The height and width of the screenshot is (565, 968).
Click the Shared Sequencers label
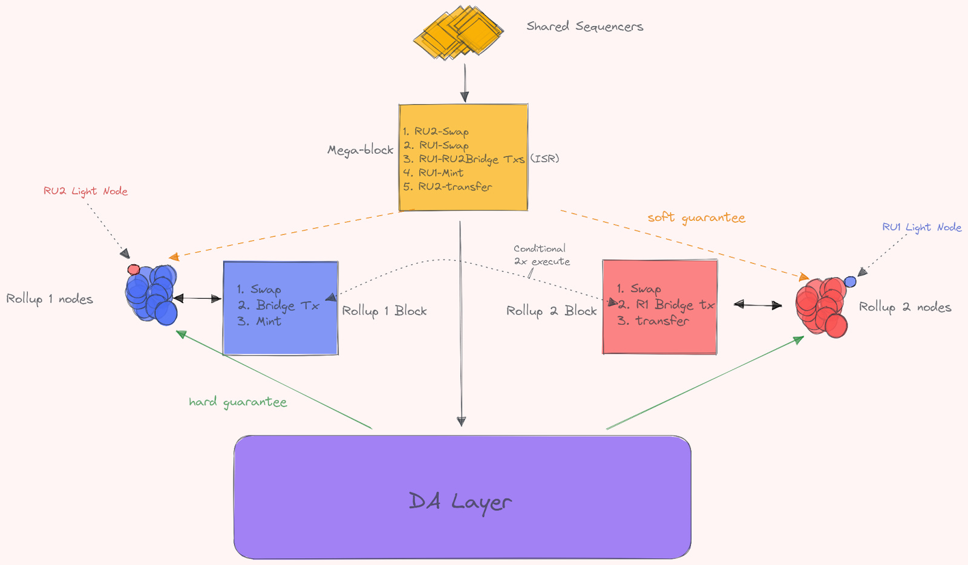584,27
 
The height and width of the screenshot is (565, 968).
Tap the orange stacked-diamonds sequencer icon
459,33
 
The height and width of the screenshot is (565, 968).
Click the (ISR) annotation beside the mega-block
544,158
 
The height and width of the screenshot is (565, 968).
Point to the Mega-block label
360,150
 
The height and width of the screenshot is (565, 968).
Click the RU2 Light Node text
85,191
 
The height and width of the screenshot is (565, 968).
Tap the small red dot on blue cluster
134,269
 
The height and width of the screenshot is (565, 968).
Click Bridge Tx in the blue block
287,305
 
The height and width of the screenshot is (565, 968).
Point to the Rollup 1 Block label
384,311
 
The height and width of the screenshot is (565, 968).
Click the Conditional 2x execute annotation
541,255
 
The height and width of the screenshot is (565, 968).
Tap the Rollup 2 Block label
551,311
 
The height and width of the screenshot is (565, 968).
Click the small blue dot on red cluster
850,281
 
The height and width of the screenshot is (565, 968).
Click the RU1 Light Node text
921,227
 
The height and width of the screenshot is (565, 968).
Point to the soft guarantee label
696,217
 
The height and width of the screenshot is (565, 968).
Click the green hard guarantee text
238,402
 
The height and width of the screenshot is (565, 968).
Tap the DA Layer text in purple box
460,501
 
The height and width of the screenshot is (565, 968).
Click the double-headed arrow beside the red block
757,305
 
